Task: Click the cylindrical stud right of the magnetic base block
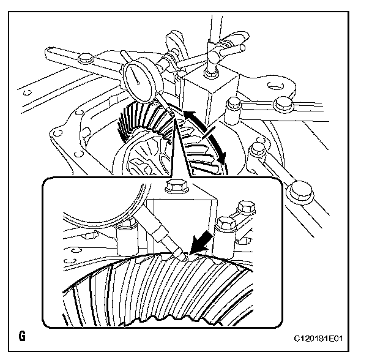[x=232, y=110]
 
